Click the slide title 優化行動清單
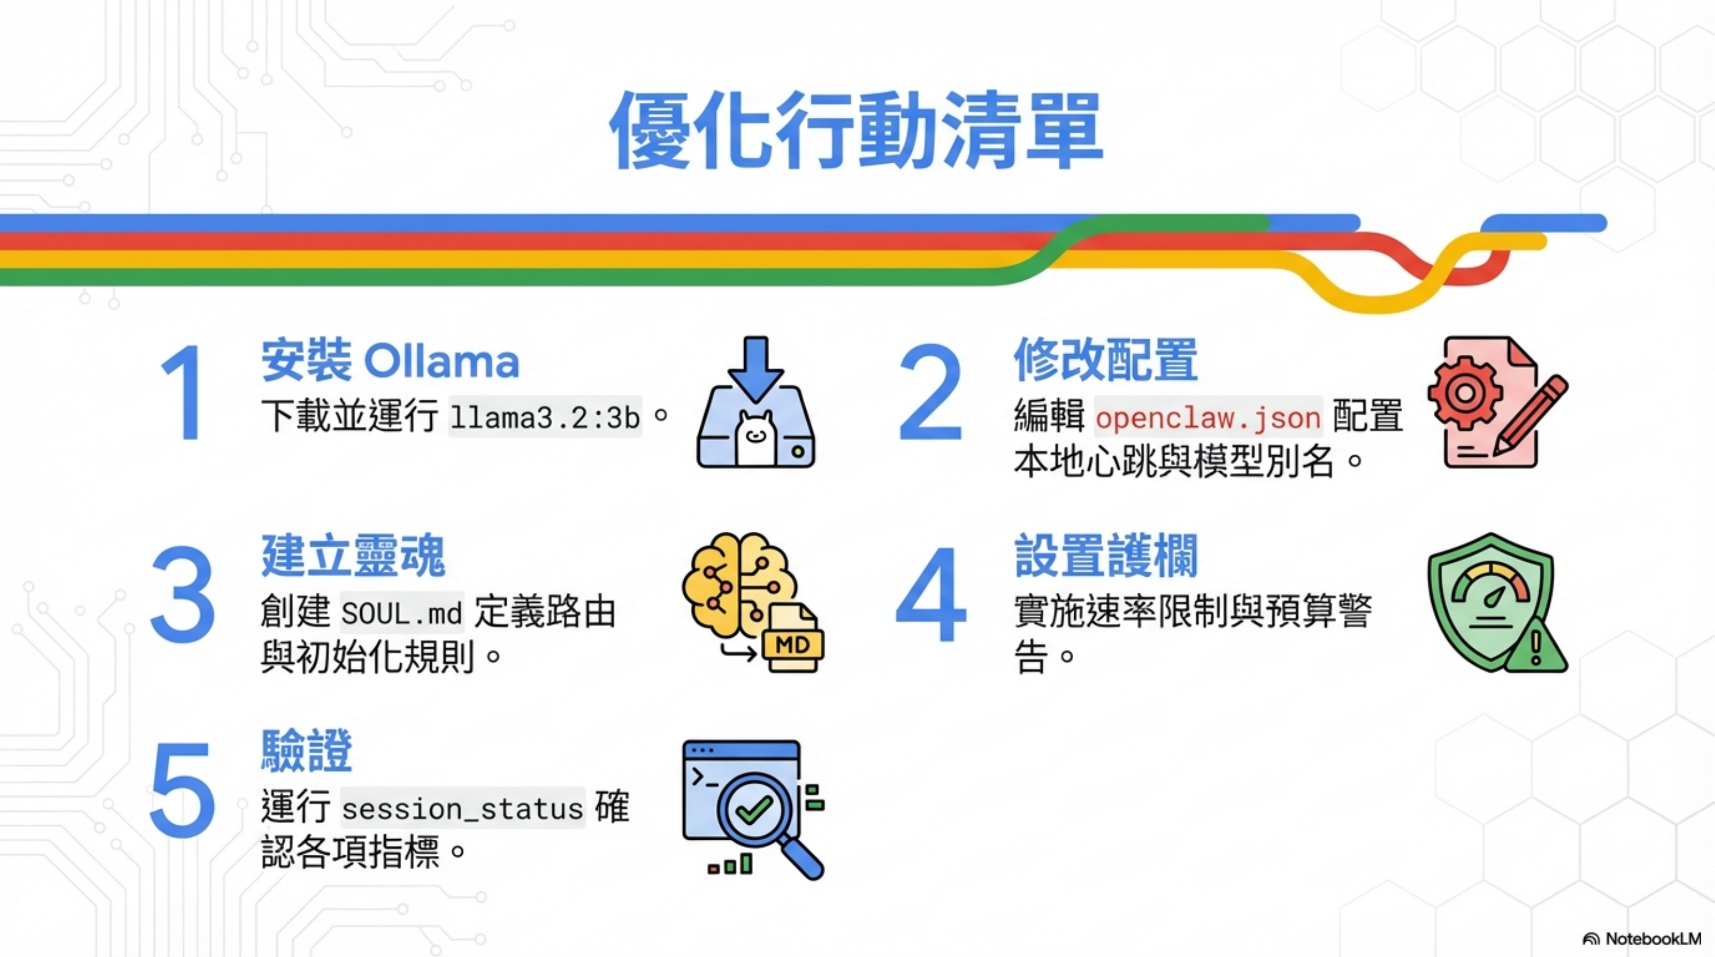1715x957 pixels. pyautogui.click(x=857, y=130)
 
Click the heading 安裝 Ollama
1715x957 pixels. pyautogui.click(x=389, y=360)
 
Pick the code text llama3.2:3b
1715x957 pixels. pyautogui.click(x=544, y=417)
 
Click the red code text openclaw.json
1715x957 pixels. pyautogui.click(x=1208, y=417)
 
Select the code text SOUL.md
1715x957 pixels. pyautogui.click(x=401, y=612)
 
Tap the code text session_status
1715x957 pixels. pyautogui.click(x=462, y=808)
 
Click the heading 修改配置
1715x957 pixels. pyautogui.click(x=1105, y=360)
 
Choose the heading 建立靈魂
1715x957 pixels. pyautogui.click(x=353, y=555)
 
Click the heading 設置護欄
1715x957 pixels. pyautogui.click(x=1105, y=555)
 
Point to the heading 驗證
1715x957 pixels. pyautogui.click(x=306, y=750)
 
